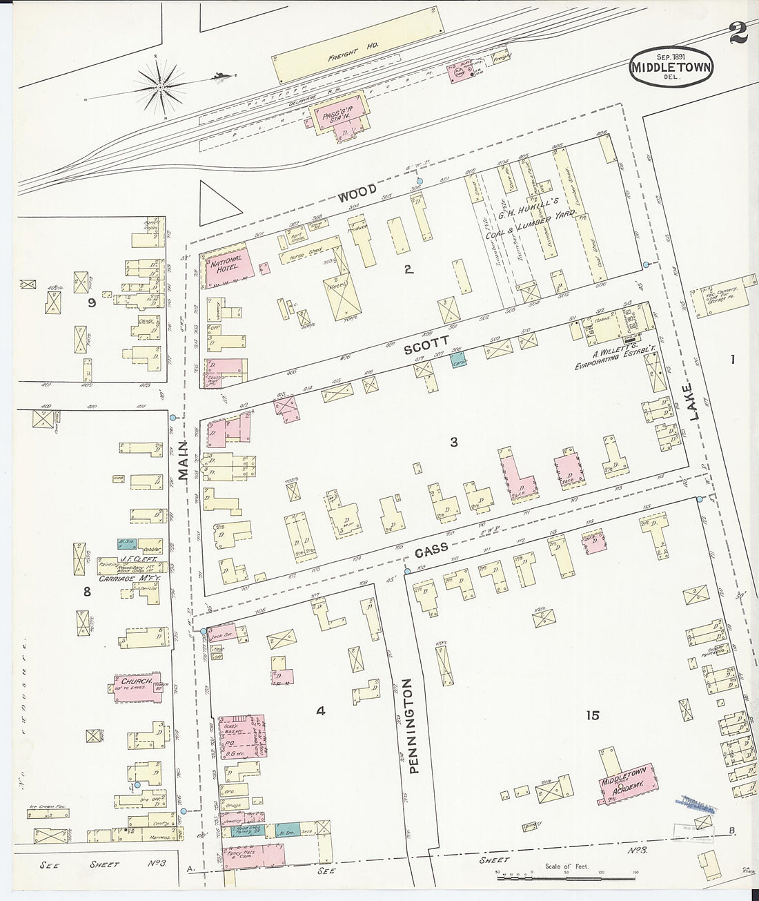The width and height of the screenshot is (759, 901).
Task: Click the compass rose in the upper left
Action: pyautogui.click(x=161, y=86)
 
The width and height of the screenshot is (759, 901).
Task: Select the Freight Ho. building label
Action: pyautogui.click(x=350, y=60)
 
